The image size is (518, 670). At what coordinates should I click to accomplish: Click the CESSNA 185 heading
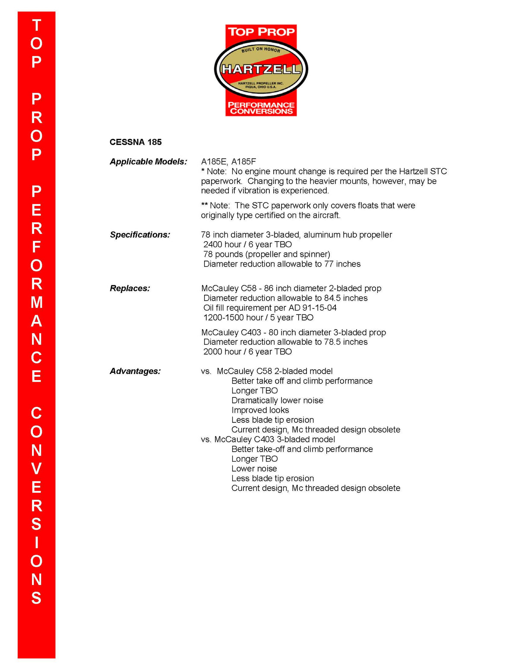pyautogui.click(x=136, y=142)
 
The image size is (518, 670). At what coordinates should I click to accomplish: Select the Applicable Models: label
pyautogui.click(x=148, y=161)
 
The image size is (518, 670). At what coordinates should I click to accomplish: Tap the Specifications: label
pyautogui.click(x=140, y=235)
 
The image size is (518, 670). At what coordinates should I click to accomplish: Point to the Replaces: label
pyautogui.click(x=130, y=288)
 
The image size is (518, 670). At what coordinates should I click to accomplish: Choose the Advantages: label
pyautogui.click(x=135, y=371)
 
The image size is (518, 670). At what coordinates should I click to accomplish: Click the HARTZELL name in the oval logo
pyautogui.click(x=261, y=69)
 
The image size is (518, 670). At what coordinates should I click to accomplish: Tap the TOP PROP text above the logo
pyautogui.click(x=261, y=32)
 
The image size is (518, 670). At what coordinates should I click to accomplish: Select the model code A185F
pyautogui.click(x=244, y=161)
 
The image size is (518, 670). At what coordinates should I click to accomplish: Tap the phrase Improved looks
pyautogui.click(x=260, y=410)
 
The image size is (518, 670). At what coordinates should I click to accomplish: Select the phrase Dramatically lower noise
pyautogui.click(x=277, y=400)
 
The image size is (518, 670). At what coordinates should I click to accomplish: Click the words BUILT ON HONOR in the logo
pyautogui.click(x=261, y=49)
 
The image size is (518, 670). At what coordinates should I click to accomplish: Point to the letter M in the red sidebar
pyautogui.click(x=37, y=302)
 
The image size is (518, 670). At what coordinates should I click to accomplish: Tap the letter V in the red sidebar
pyautogui.click(x=37, y=469)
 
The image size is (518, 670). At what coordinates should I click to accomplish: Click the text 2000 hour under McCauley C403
pyautogui.click(x=222, y=352)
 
